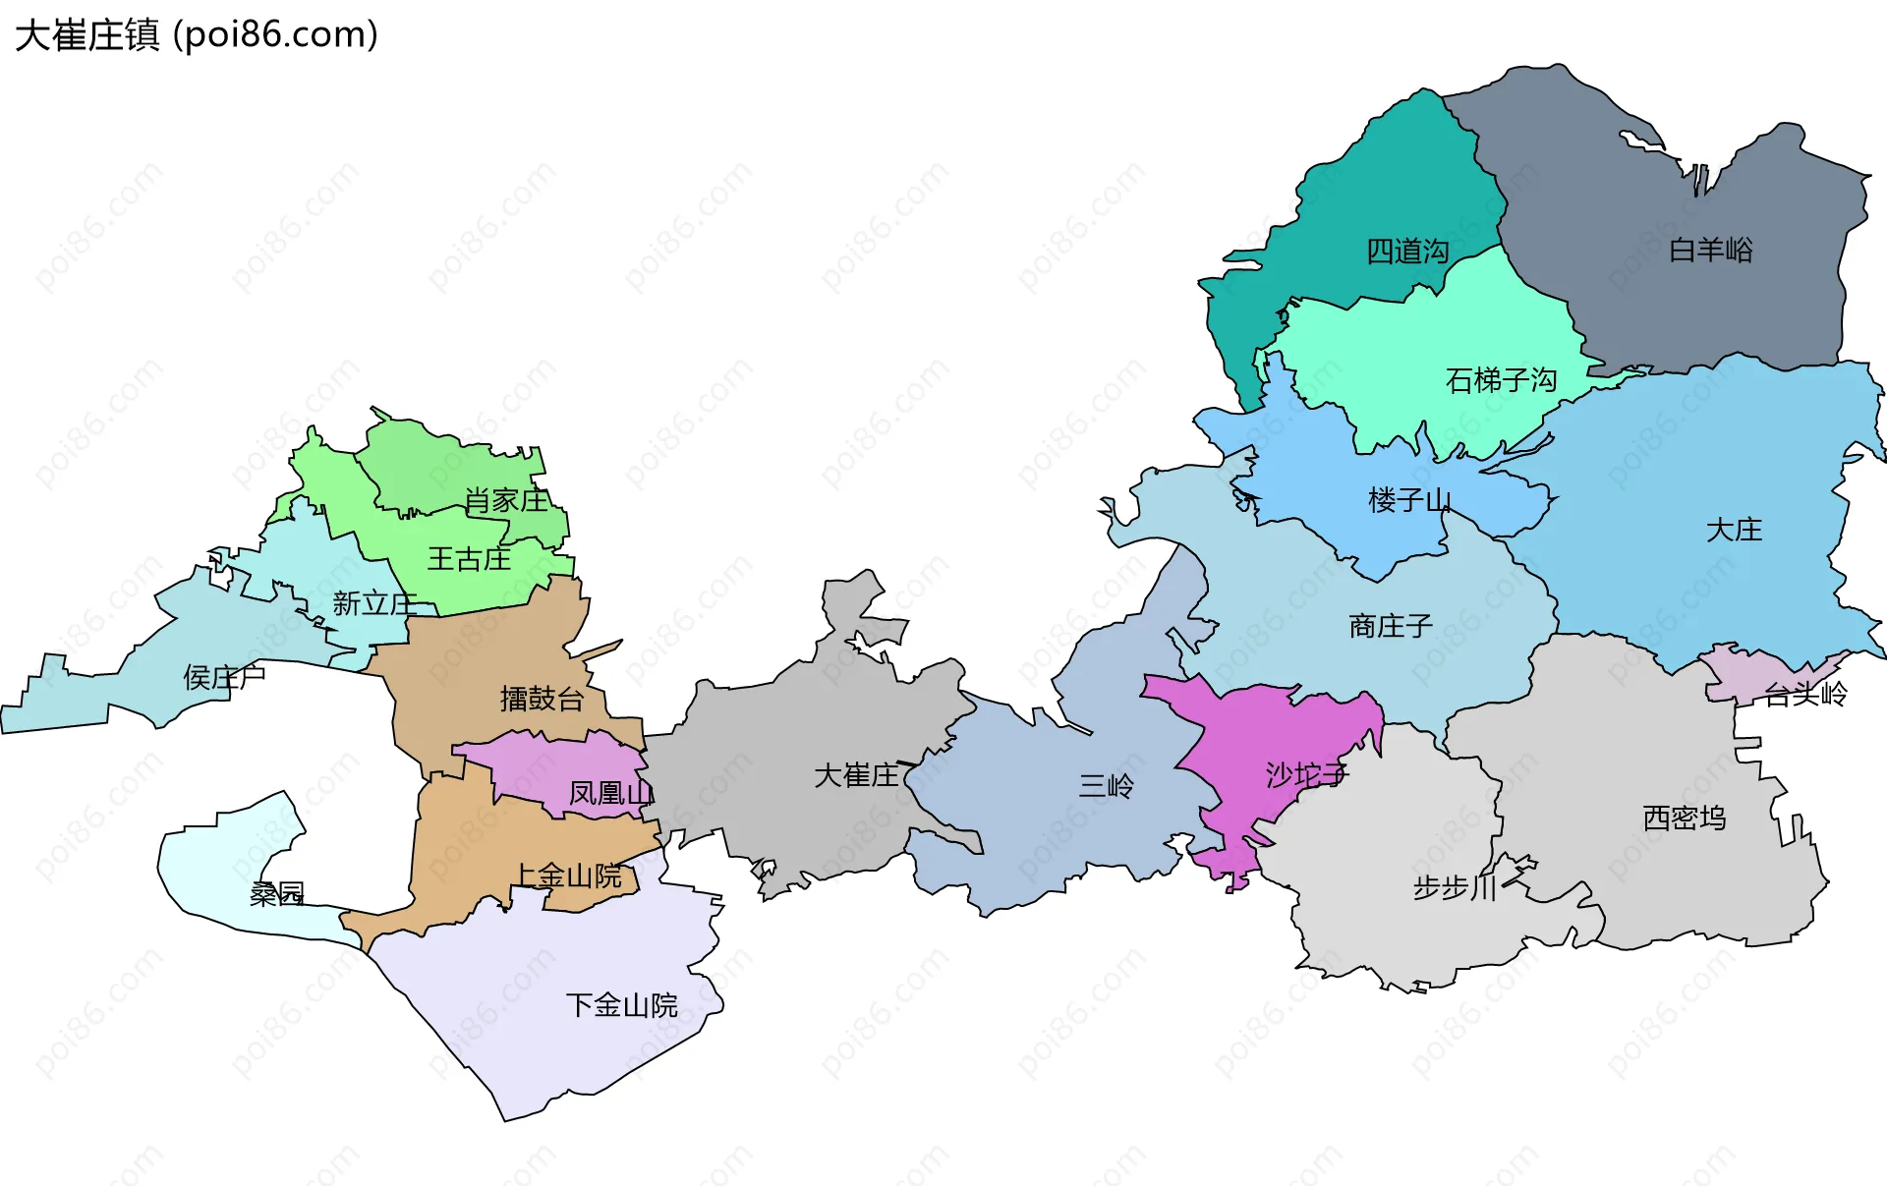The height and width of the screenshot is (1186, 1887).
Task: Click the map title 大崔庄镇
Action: pyautogui.click(x=86, y=35)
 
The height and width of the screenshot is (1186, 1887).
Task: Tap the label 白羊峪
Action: pyautogui.click(x=1710, y=250)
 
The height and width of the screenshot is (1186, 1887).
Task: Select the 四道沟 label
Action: pyautogui.click(x=1407, y=252)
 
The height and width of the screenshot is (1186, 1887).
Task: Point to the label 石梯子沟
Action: pyautogui.click(x=1501, y=380)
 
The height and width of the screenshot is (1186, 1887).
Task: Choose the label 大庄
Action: pyautogui.click(x=1734, y=531)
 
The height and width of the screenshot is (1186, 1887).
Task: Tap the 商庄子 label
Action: pyautogui.click(x=1391, y=626)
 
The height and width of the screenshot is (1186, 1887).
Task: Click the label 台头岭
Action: pyautogui.click(x=1805, y=695)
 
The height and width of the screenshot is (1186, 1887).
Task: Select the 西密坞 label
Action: pyautogui.click(x=1684, y=818)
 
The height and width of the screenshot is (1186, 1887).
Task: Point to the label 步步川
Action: pyautogui.click(x=1455, y=888)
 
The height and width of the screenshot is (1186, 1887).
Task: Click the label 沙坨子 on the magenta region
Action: pyautogui.click(x=1307, y=775)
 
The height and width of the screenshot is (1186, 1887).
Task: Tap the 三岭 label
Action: pyautogui.click(x=1106, y=786)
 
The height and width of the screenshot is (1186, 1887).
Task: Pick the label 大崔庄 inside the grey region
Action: pyautogui.click(x=856, y=776)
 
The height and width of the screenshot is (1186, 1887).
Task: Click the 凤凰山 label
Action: pyautogui.click(x=610, y=793)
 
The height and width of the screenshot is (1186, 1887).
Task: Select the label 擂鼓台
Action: pyautogui.click(x=542, y=699)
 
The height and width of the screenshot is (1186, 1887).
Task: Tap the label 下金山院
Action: pyautogui.click(x=621, y=1005)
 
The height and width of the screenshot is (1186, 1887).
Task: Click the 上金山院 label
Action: pyautogui.click(x=568, y=875)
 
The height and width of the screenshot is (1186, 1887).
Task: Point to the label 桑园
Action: pyautogui.click(x=277, y=893)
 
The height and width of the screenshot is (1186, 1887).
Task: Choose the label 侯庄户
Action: pyautogui.click(x=224, y=677)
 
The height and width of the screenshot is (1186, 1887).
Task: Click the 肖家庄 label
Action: pyautogui.click(x=506, y=500)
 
